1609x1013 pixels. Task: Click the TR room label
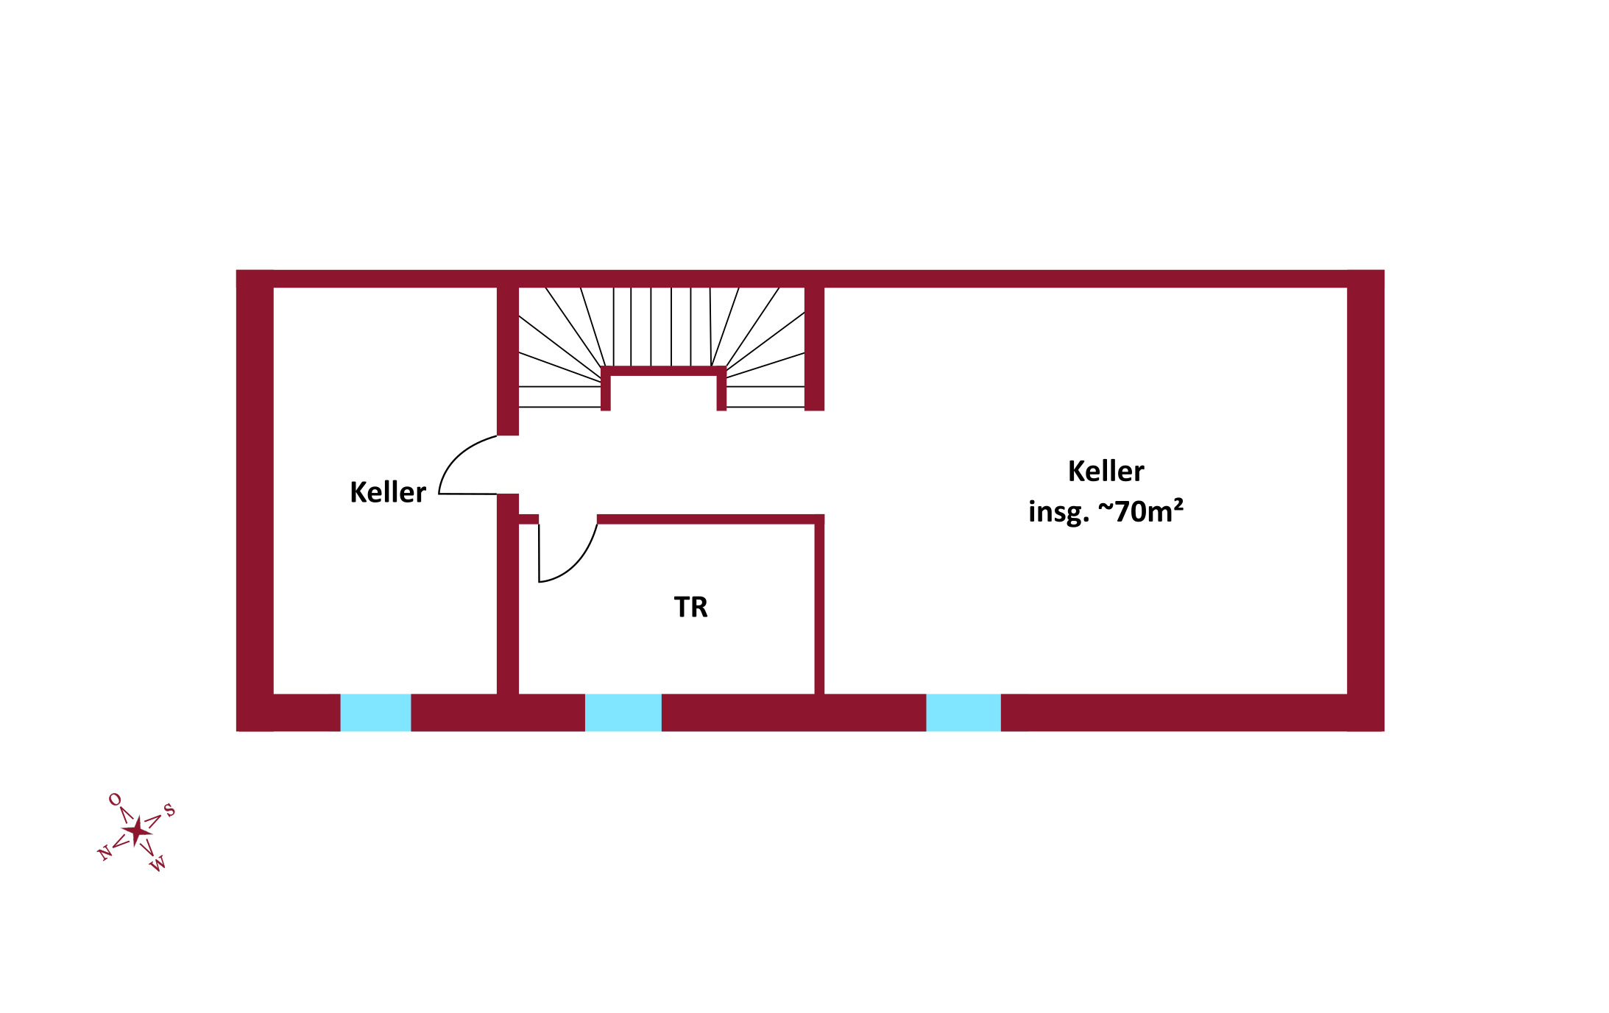click(690, 607)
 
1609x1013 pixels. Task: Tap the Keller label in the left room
click(387, 492)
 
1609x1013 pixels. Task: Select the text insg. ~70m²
click(1105, 511)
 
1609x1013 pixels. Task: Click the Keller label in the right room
click(1106, 471)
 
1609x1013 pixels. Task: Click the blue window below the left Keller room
click(375, 712)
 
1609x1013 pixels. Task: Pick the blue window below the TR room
click(623, 712)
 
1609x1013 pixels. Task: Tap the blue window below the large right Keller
click(963, 712)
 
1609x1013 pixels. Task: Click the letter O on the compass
click(115, 799)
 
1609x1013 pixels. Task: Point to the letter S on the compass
click(169, 810)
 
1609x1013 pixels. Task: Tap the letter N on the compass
click(105, 853)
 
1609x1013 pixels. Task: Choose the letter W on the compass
click(158, 864)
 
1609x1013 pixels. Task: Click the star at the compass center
click(137, 831)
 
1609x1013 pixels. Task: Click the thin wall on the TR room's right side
click(819, 607)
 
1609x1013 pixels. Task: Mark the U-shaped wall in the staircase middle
click(663, 372)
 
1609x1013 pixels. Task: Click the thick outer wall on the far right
click(1365, 500)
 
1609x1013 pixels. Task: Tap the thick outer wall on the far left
click(255, 500)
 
